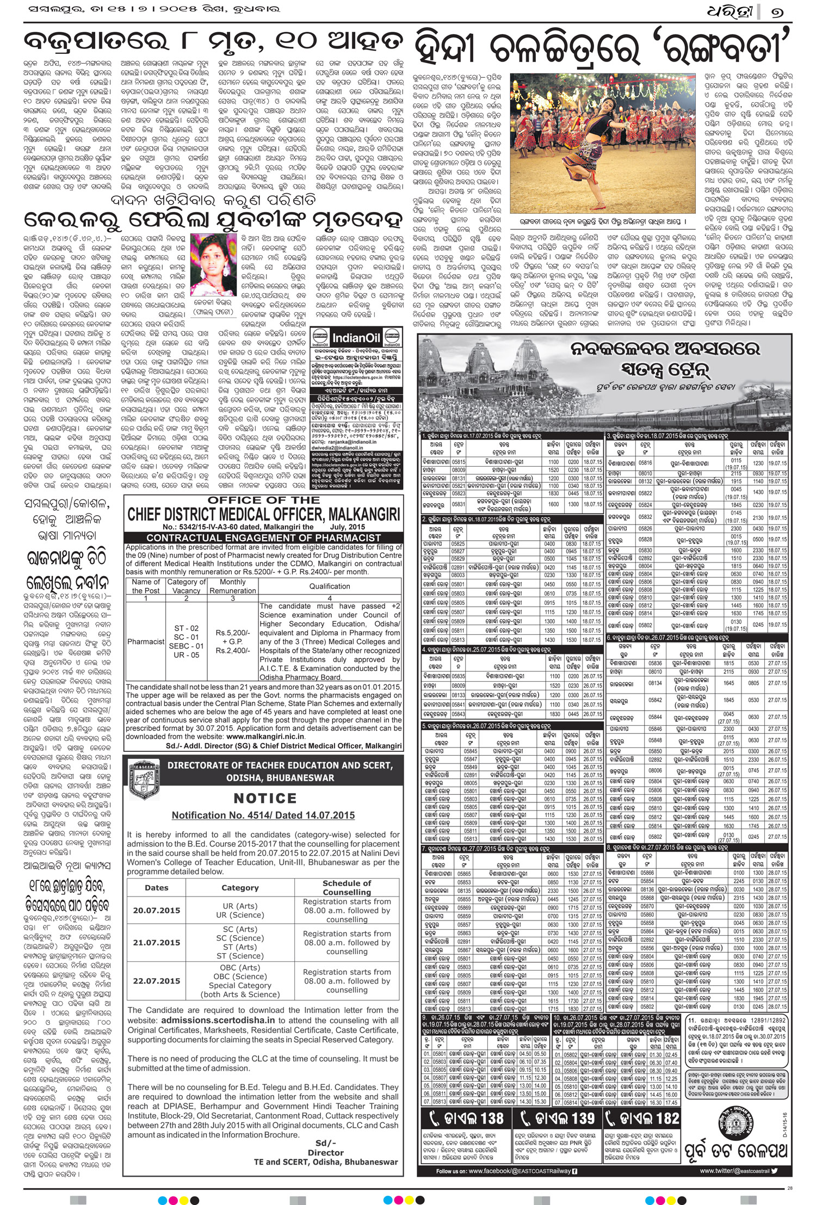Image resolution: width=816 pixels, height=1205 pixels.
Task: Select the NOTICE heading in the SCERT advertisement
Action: click(265, 798)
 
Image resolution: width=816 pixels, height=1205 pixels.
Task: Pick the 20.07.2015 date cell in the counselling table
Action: click(156, 910)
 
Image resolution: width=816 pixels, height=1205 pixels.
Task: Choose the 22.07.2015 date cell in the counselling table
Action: click(156, 981)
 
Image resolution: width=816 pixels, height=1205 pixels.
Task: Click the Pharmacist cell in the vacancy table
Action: click(146, 641)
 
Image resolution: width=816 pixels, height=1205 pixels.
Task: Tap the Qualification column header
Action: click(330, 586)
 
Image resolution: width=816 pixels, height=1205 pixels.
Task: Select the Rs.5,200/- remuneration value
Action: click(233, 633)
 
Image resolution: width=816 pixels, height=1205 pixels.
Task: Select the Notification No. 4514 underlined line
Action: click(263, 815)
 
